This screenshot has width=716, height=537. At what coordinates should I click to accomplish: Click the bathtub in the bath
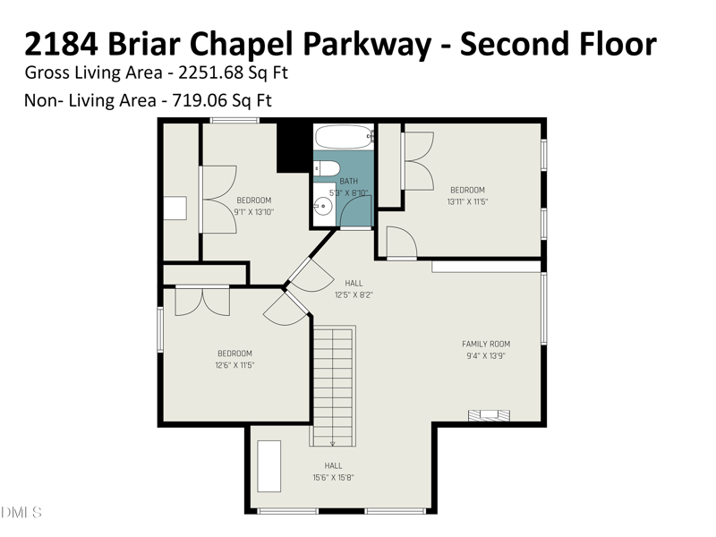coord(344,137)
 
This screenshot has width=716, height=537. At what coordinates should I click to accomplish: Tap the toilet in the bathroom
coord(327,168)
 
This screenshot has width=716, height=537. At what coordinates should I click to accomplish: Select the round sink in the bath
coord(322,207)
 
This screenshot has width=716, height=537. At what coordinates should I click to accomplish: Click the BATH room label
coord(349,182)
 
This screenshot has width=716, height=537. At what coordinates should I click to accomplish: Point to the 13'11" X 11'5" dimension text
coord(467,201)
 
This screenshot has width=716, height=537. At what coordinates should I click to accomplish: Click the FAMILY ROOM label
coord(486,344)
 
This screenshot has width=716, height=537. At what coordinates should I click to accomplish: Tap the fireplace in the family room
coord(489,414)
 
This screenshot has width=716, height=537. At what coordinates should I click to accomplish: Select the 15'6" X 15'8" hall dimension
coord(333,478)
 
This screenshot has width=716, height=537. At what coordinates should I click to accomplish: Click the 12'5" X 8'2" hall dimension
coord(354,295)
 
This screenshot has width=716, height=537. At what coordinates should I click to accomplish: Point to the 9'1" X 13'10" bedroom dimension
coord(254,212)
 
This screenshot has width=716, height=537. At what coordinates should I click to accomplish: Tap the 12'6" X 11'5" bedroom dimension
coord(234,365)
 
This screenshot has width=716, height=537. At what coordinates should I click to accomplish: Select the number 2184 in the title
coord(61,43)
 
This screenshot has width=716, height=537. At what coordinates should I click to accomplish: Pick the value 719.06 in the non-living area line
coord(199,100)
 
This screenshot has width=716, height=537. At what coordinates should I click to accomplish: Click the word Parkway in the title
coord(367,45)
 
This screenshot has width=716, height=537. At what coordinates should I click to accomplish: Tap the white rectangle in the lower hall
coord(269,466)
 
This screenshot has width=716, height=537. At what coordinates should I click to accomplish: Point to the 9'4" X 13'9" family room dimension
coord(486,355)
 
